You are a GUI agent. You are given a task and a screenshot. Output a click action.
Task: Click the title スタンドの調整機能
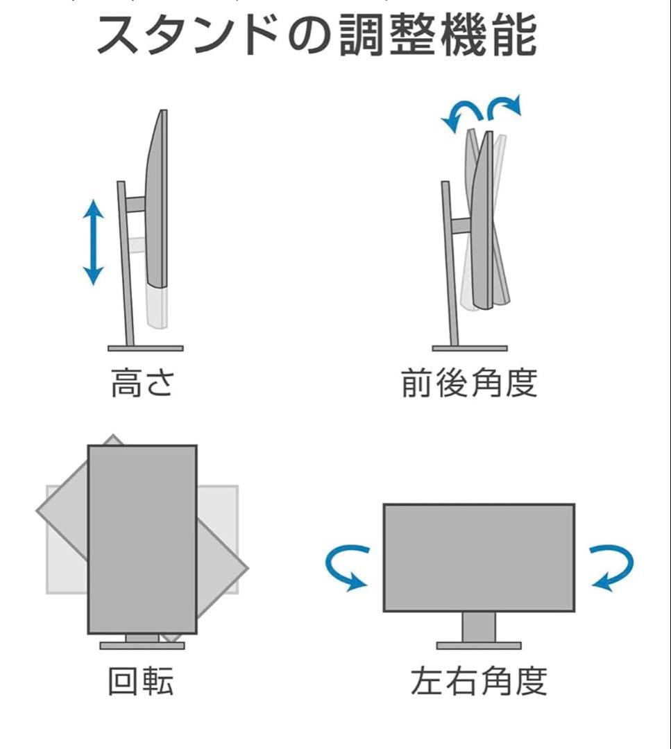316,36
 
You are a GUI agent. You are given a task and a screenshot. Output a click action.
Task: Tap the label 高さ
143,384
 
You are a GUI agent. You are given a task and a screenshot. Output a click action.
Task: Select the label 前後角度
469,384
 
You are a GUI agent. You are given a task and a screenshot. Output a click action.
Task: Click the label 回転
141,681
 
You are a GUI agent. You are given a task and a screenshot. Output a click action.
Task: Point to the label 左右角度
478,681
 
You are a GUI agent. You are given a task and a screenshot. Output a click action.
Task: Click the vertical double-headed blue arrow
93,242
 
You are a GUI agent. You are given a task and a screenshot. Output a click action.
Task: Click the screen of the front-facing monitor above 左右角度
479,558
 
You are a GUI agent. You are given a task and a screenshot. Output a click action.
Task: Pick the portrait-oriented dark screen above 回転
142,539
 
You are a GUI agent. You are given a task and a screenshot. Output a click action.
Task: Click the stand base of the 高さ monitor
146,348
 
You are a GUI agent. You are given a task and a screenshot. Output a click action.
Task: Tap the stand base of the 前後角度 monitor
470,348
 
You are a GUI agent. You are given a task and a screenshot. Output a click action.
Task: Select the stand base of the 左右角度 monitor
479,646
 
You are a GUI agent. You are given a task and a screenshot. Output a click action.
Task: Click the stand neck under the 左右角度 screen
479,627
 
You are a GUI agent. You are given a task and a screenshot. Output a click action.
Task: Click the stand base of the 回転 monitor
142,646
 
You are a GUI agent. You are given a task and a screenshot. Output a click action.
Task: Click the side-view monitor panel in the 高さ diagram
158,201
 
